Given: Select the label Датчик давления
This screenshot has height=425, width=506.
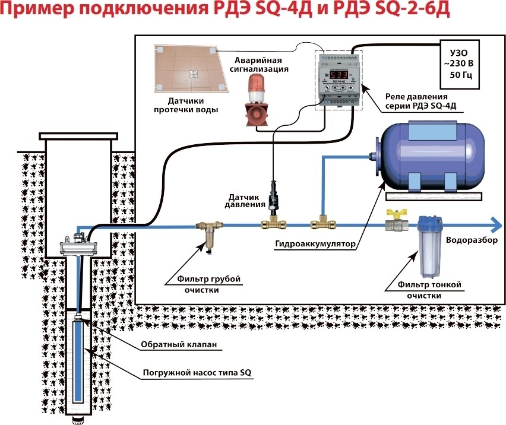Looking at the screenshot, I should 245,200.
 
